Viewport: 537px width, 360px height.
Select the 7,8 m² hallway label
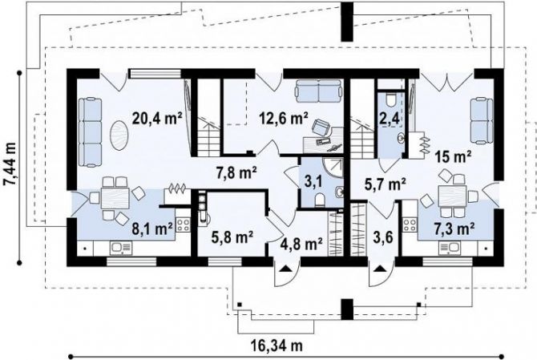[236, 172]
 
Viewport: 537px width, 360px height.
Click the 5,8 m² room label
[232, 237]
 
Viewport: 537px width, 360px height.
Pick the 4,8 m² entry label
[301, 244]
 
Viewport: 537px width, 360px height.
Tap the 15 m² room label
[453, 157]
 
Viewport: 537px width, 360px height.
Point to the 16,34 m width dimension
[278, 346]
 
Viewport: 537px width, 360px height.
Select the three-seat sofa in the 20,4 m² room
[90, 132]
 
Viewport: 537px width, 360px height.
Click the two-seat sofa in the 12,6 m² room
[318, 91]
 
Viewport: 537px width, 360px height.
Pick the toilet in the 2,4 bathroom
[391, 100]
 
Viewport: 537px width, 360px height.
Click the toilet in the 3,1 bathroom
[319, 200]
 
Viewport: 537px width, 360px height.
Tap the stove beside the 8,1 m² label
[183, 225]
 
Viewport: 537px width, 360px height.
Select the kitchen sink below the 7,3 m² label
[450, 248]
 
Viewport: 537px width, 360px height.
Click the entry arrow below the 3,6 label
[379, 269]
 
